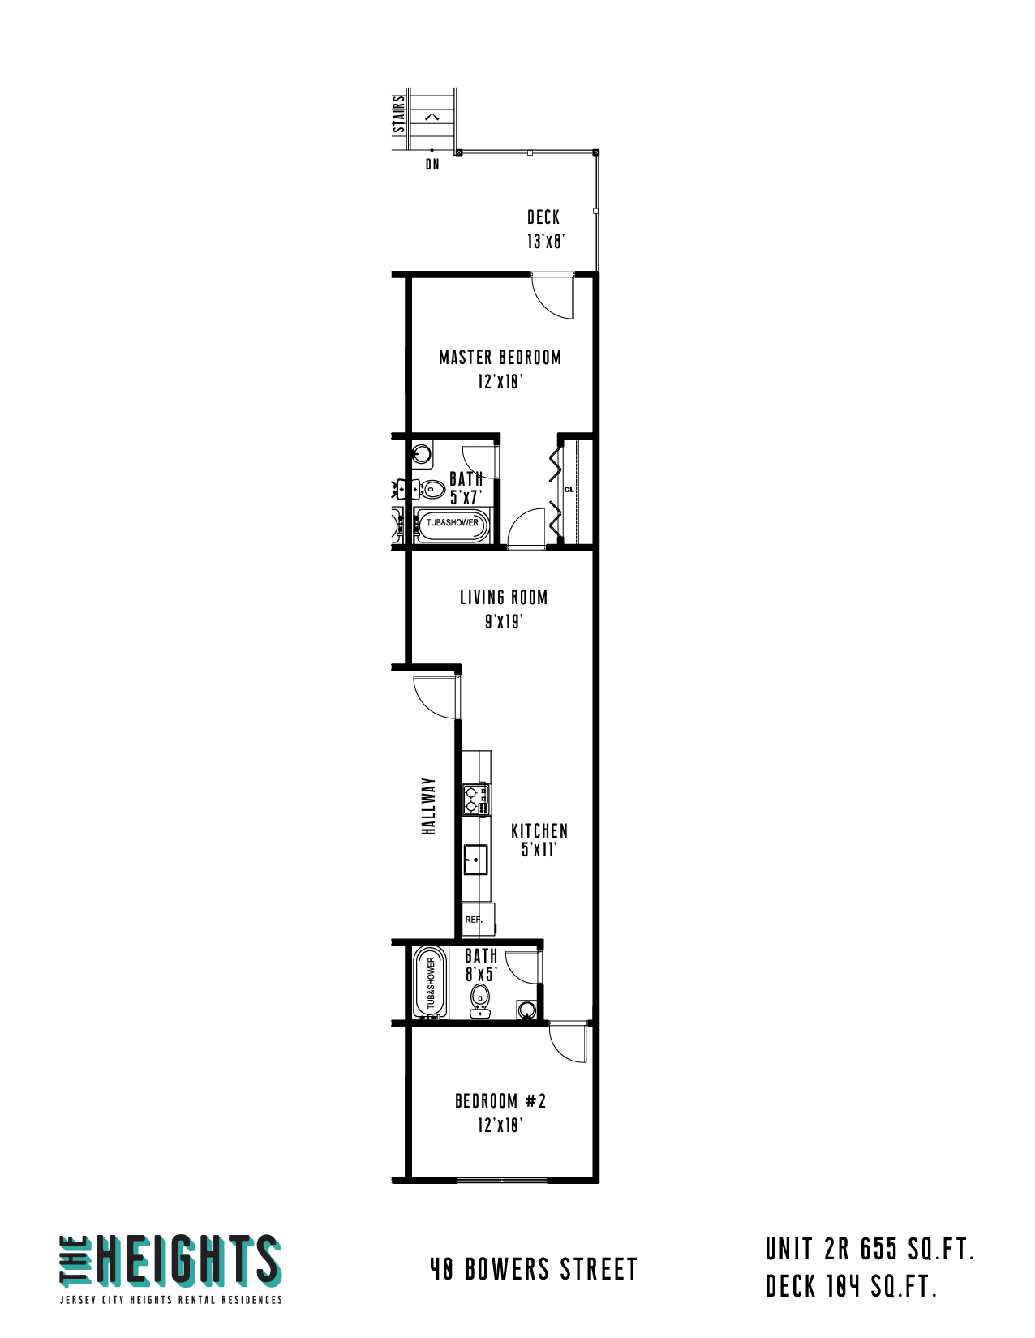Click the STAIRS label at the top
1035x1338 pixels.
click(x=399, y=114)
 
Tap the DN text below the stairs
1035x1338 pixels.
click(x=432, y=165)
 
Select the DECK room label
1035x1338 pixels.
click(x=543, y=217)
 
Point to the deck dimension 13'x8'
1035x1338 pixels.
click(x=545, y=242)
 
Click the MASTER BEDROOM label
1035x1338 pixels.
click(x=500, y=358)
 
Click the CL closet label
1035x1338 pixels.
click(x=569, y=490)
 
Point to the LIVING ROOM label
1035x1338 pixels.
click(x=504, y=598)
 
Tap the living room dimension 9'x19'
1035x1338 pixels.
click(x=503, y=622)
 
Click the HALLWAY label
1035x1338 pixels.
click(x=428, y=806)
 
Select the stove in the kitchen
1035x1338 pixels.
click(x=477, y=800)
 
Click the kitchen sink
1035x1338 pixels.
click(x=475, y=860)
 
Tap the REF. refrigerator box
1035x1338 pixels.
click(x=478, y=920)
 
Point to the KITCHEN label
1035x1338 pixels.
click(x=539, y=831)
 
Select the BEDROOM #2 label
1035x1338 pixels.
click(x=500, y=1101)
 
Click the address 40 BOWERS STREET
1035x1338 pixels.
click(x=533, y=1269)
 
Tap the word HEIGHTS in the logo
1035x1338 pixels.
click(x=188, y=1260)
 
